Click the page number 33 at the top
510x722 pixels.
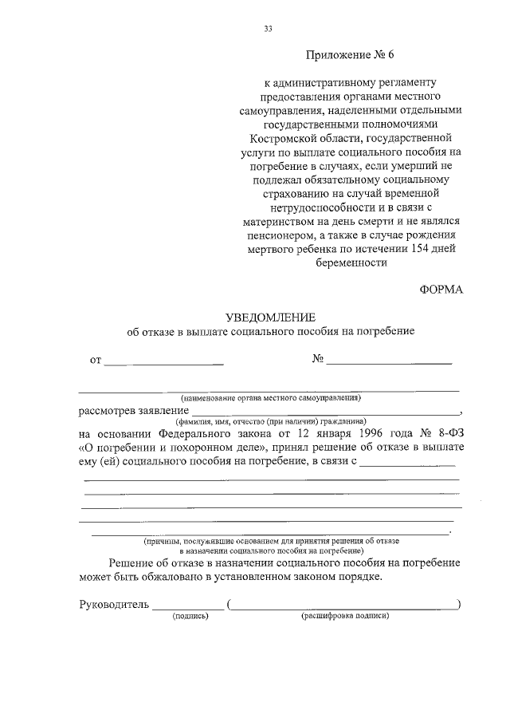pos(268,30)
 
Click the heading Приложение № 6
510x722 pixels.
pos(350,55)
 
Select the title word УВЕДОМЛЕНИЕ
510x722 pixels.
pos(270,317)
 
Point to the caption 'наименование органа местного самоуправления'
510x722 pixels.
pos(271,397)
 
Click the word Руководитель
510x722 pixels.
pos(114,604)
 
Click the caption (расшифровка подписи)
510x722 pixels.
pos(344,617)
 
